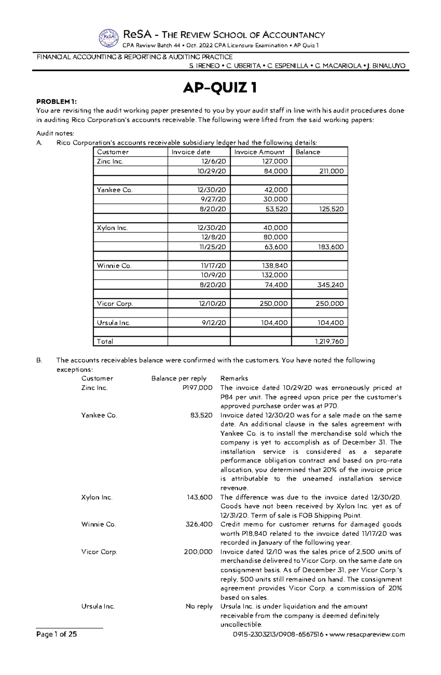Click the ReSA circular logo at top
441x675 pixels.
(109, 38)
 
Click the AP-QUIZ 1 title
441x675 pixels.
(220, 88)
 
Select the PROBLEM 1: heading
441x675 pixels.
(57, 102)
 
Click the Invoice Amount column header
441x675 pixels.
(259, 152)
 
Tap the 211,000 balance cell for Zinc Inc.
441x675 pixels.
(331, 171)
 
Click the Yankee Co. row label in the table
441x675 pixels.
(114, 190)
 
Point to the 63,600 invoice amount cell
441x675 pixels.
(276, 247)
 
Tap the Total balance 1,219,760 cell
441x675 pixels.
(329, 341)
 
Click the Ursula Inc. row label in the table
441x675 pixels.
(114, 323)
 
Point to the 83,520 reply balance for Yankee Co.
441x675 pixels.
(201, 415)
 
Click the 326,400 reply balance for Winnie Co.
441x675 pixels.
(199, 525)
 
